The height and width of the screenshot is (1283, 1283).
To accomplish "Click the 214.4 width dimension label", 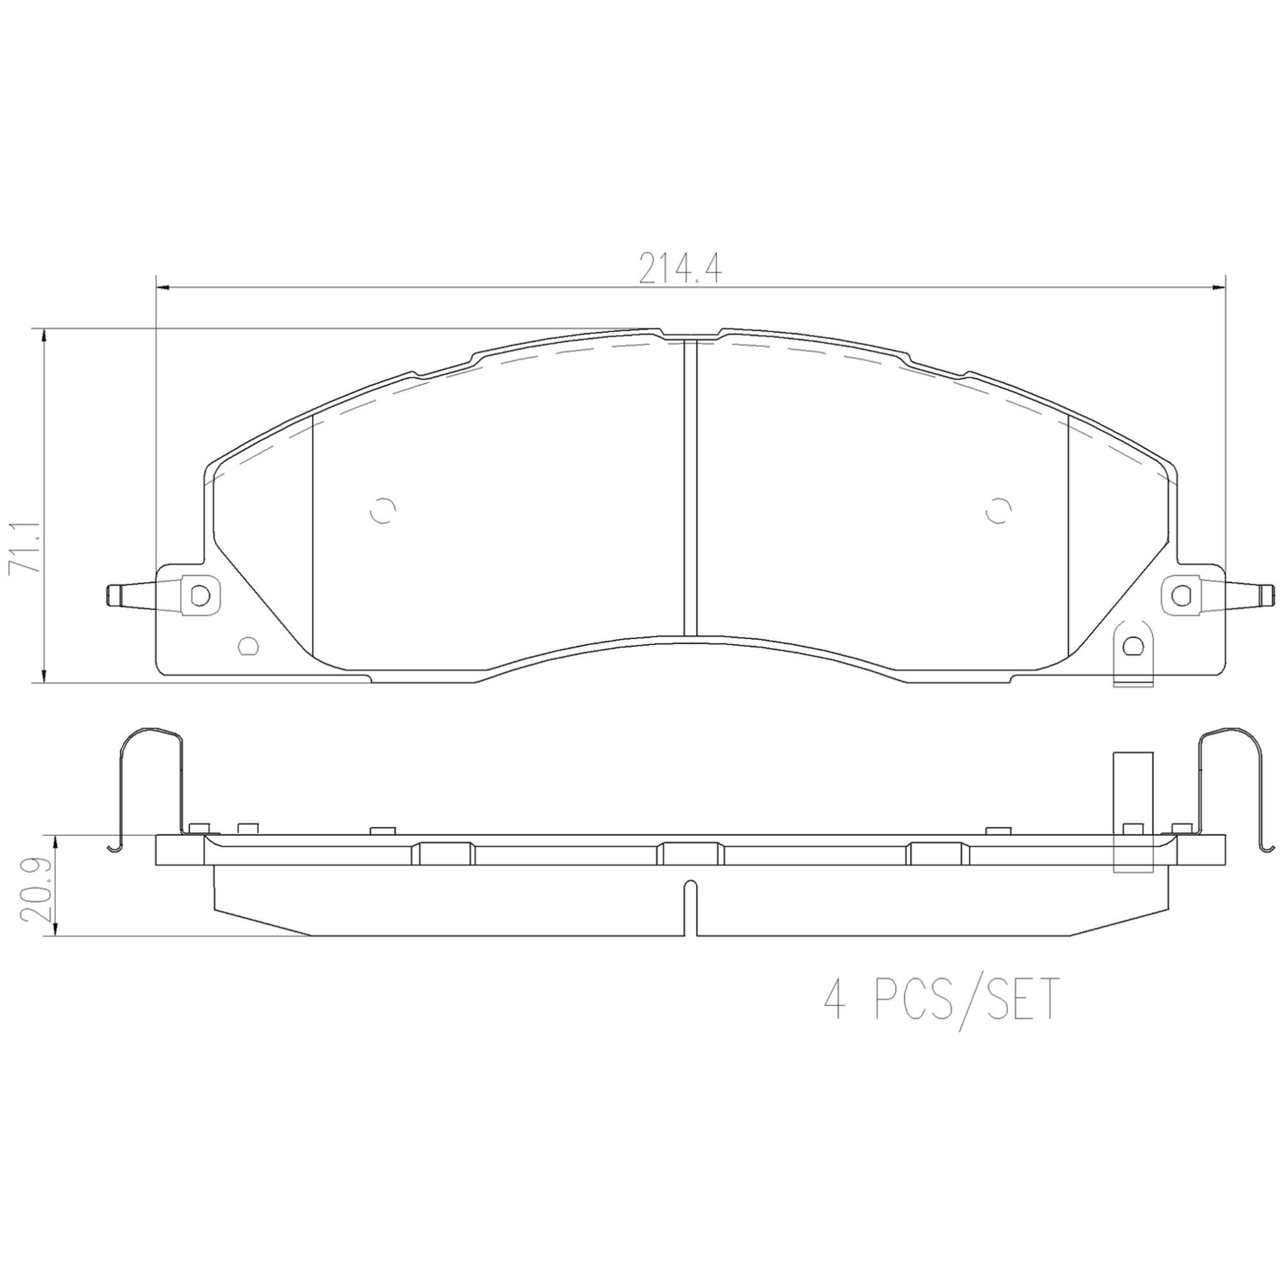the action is pos(680,269).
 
